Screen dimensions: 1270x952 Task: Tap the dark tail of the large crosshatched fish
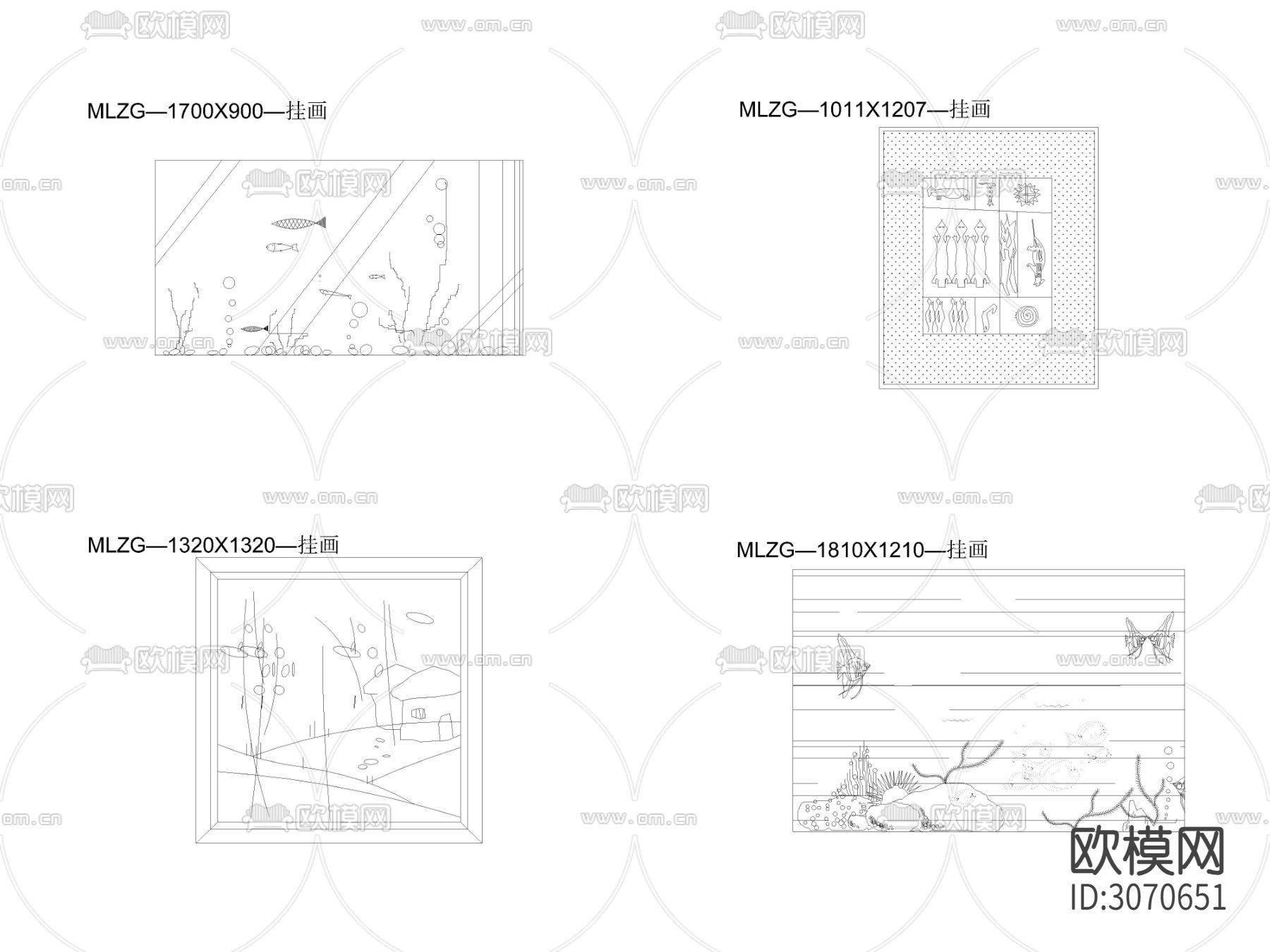coord(321,223)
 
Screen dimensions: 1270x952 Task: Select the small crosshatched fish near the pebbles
coord(255,329)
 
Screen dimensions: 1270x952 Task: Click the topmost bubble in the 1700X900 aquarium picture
coord(442,185)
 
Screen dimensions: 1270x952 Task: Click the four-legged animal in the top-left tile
coord(949,195)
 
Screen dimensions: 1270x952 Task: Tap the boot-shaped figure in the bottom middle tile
coord(988,317)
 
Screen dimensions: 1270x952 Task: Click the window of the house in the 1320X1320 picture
coord(419,714)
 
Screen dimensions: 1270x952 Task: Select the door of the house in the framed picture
coord(445,726)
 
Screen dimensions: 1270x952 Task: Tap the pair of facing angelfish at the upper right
coord(1150,638)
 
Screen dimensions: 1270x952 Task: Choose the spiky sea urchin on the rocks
coord(896,788)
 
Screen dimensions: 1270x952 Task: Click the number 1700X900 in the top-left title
coord(214,111)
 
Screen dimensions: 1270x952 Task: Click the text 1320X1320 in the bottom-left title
coord(221,545)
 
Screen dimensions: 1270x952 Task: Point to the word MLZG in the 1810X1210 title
coord(766,550)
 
